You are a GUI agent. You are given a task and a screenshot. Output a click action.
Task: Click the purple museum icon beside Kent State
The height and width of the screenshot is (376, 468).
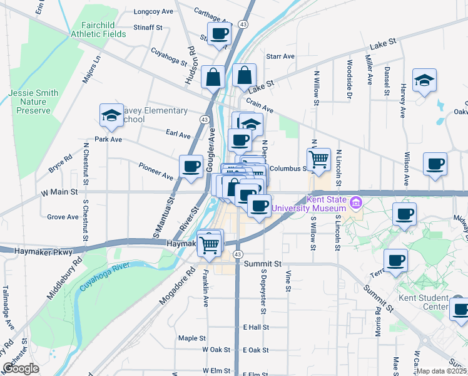pos(356,202)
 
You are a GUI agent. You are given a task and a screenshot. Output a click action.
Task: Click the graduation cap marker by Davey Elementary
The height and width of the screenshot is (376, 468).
pos(111,116)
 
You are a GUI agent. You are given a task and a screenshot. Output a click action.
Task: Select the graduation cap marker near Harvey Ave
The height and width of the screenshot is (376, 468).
pos(424,80)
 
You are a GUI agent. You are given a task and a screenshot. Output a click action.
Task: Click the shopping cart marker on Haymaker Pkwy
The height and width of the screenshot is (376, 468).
pos(210,244)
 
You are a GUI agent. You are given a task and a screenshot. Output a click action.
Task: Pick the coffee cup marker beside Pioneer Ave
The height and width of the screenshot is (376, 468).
pos(191,167)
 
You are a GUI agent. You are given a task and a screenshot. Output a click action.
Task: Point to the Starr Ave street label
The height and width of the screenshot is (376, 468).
pos(280,56)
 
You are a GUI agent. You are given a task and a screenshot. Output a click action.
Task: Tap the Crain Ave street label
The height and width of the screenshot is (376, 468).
pos(260,104)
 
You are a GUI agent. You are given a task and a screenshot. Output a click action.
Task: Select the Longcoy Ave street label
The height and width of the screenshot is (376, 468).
pos(153,11)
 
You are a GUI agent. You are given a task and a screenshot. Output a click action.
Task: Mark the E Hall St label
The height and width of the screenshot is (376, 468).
pos(255,327)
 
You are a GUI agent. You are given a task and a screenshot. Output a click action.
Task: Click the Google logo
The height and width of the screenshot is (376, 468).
pos(21,368)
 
